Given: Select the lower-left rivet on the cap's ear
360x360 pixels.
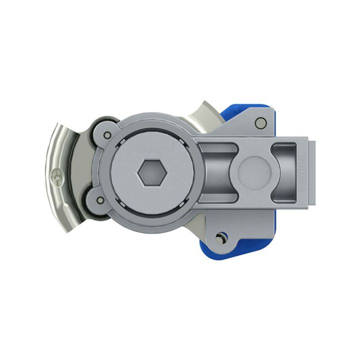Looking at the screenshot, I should click(x=101, y=201).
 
